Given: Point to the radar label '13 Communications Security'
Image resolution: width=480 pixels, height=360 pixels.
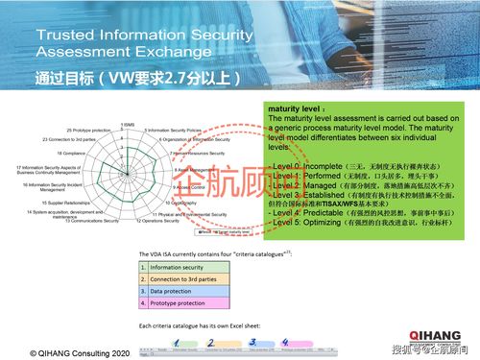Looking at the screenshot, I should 93,221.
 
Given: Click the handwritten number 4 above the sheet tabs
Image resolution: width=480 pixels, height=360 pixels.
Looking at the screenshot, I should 278,340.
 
